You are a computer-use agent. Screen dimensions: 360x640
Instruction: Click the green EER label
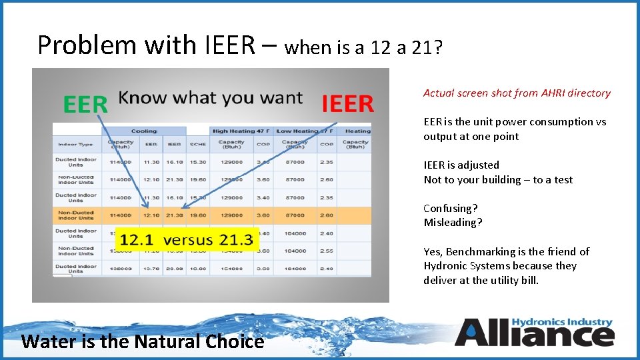85,105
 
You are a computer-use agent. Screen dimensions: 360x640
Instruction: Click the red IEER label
347,104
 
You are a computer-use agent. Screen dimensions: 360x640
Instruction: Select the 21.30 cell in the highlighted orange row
175,215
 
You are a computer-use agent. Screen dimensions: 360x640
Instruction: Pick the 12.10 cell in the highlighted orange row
151,215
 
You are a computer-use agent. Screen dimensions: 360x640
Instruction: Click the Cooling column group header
143,131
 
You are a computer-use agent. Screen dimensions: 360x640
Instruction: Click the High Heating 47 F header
241,131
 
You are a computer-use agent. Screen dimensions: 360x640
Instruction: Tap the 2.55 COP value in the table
326,251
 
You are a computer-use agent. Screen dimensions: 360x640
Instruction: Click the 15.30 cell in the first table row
198,162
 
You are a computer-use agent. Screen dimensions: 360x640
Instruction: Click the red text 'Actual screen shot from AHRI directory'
517,93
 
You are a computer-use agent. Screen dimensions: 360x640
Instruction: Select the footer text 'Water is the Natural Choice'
143,341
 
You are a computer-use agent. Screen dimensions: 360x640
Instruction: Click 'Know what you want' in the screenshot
210,99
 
